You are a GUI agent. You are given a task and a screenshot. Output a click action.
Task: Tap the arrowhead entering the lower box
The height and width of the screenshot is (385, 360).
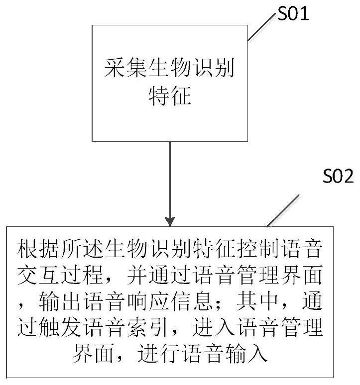click(x=170, y=220)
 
